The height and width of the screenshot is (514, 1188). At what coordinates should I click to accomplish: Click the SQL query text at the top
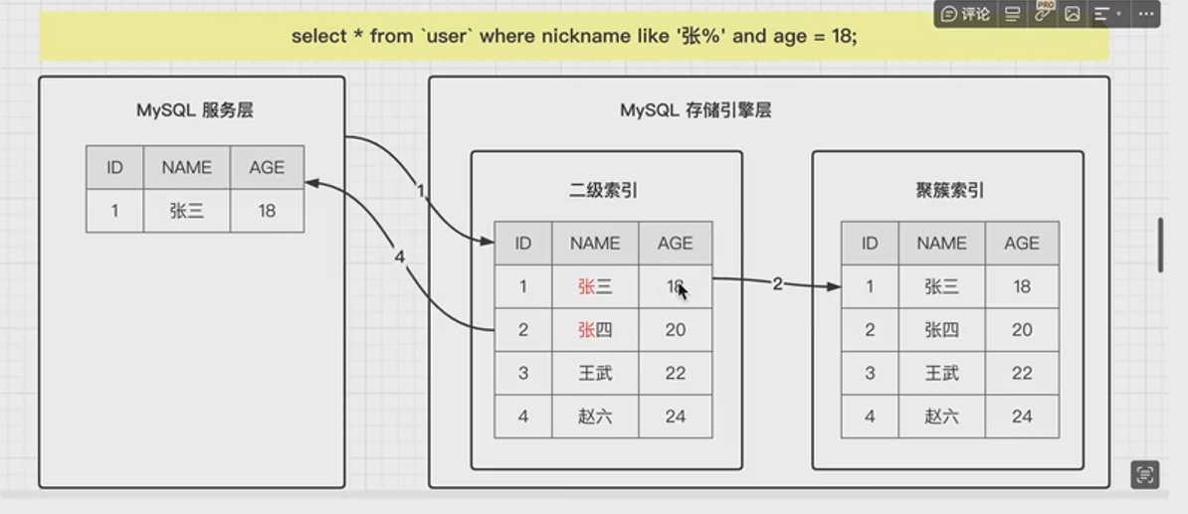pyautogui.click(x=574, y=36)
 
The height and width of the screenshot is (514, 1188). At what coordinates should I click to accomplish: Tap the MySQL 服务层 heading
pyautogui.click(x=195, y=110)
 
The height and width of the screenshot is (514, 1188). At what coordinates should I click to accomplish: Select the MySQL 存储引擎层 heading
pyautogui.click(x=695, y=110)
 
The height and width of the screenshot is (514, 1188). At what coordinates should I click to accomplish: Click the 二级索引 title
pyautogui.click(x=604, y=190)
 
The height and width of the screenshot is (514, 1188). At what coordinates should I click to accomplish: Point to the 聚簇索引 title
pyautogui.click(x=949, y=190)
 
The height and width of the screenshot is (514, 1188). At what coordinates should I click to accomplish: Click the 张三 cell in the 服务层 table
pyautogui.click(x=186, y=211)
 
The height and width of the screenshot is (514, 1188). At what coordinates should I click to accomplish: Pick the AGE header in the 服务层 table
pyautogui.click(x=267, y=167)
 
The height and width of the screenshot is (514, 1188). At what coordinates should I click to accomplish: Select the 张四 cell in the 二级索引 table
pyautogui.click(x=595, y=330)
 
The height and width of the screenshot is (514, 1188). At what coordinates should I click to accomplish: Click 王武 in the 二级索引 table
pyautogui.click(x=595, y=373)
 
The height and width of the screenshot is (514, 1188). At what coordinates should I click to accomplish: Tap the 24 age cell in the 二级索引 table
pyautogui.click(x=676, y=417)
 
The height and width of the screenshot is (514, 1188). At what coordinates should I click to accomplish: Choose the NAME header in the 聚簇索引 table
pyautogui.click(x=941, y=244)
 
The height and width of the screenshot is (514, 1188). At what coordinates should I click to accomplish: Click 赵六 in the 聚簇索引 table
pyautogui.click(x=941, y=417)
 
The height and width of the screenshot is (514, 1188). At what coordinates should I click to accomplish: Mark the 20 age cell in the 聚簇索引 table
pyautogui.click(x=1022, y=330)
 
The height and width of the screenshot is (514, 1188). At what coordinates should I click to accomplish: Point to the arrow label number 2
pyautogui.click(x=777, y=284)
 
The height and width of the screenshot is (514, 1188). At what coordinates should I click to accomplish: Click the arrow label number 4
pyautogui.click(x=400, y=257)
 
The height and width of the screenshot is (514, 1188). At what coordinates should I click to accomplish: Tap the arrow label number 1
pyautogui.click(x=421, y=191)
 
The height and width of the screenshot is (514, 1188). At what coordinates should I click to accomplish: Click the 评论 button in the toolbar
pyautogui.click(x=965, y=14)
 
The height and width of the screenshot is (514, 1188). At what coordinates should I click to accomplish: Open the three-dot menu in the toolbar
pyautogui.click(x=1146, y=14)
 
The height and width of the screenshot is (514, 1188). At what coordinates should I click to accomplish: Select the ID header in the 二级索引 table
pyautogui.click(x=522, y=244)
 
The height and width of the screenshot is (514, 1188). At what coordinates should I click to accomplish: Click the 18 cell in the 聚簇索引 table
pyautogui.click(x=1022, y=286)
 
